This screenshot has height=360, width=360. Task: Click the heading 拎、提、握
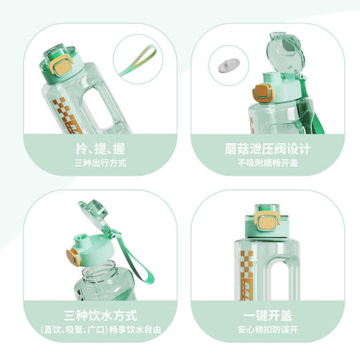click(x=101, y=149)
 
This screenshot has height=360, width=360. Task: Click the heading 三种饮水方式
click(x=101, y=312)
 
